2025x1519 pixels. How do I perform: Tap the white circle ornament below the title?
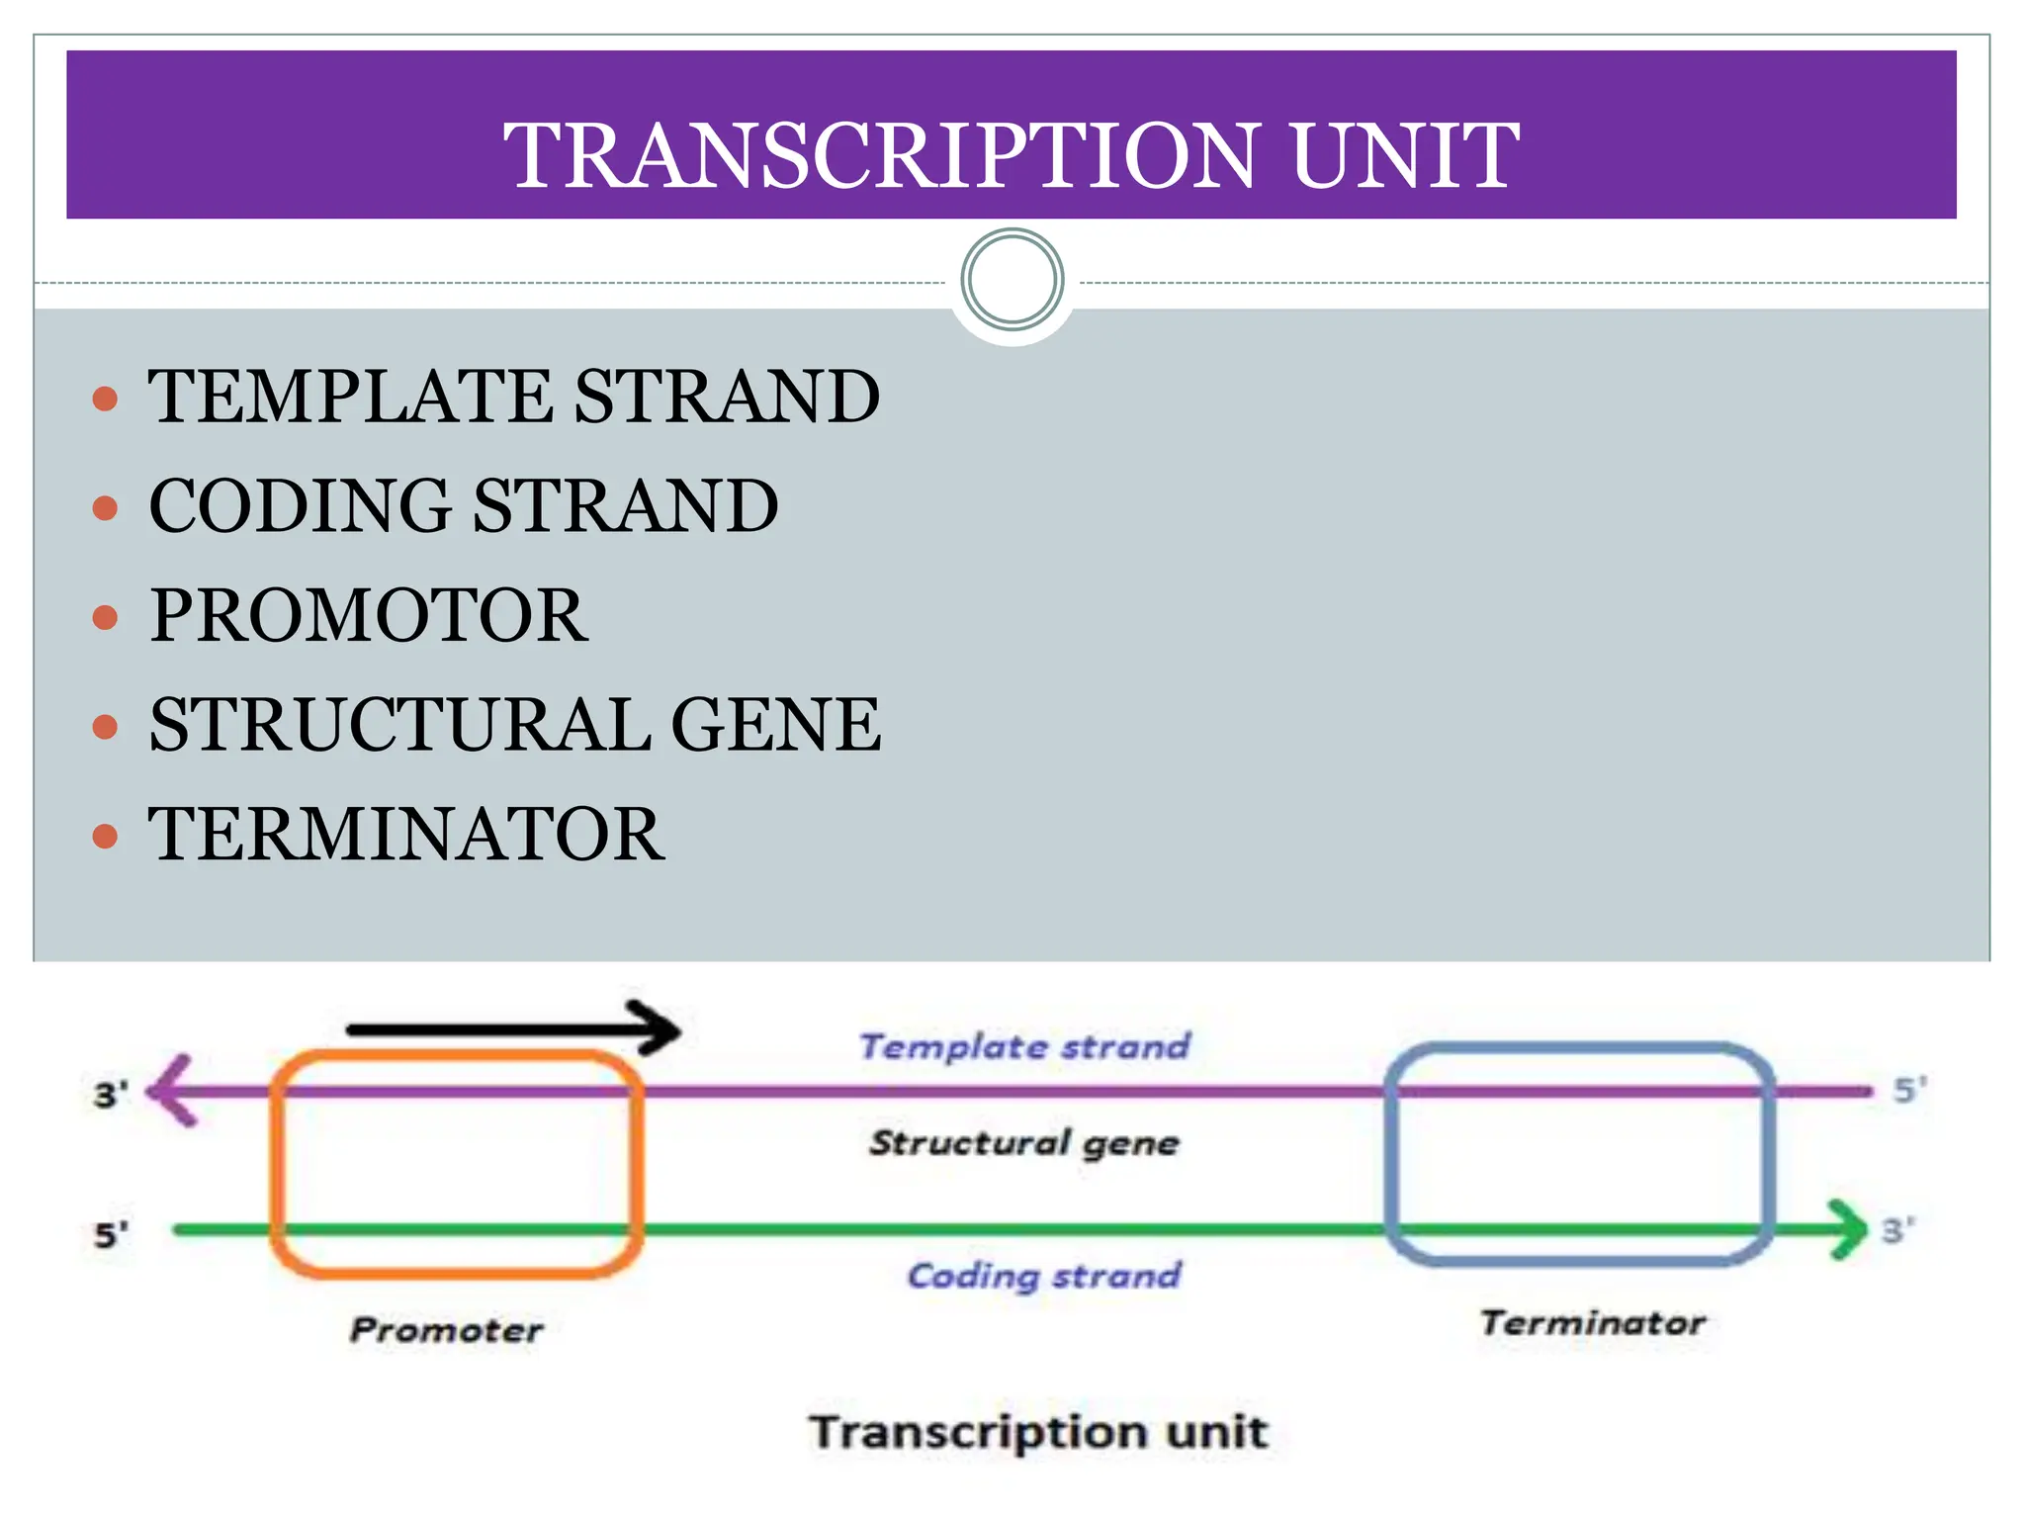[1012, 280]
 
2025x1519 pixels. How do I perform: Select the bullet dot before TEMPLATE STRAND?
[105, 400]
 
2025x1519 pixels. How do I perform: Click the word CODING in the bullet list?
[300, 505]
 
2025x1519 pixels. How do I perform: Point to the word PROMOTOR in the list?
[369, 615]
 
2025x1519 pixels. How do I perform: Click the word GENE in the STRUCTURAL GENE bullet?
[775, 725]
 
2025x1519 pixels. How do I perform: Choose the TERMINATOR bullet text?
[406, 835]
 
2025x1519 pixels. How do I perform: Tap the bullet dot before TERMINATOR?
[105, 837]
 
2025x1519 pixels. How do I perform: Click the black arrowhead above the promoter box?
[659, 1029]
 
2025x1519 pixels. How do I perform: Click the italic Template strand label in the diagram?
[1024, 1046]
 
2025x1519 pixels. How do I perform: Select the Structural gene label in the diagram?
[1024, 1143]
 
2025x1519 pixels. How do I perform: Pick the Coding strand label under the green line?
[1044, 1276]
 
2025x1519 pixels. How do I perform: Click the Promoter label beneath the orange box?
[446, 1330]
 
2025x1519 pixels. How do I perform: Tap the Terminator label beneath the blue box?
[1592, 1323]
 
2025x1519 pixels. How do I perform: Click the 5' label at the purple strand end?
[1909, 1090]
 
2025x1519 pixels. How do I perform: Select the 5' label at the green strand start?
[111, 1235]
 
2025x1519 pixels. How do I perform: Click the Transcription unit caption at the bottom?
[1038, 1432]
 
